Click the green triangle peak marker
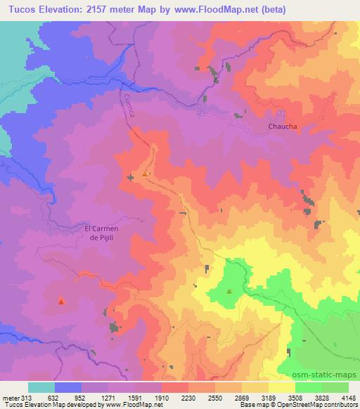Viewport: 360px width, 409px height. tap(229, 290)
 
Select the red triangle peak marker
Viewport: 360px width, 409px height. tap(61, 301)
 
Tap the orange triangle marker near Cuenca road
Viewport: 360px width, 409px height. tap(146, 173)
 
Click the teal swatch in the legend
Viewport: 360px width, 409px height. tap(41, 387)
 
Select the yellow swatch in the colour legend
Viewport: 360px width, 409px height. tap(281, 387)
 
